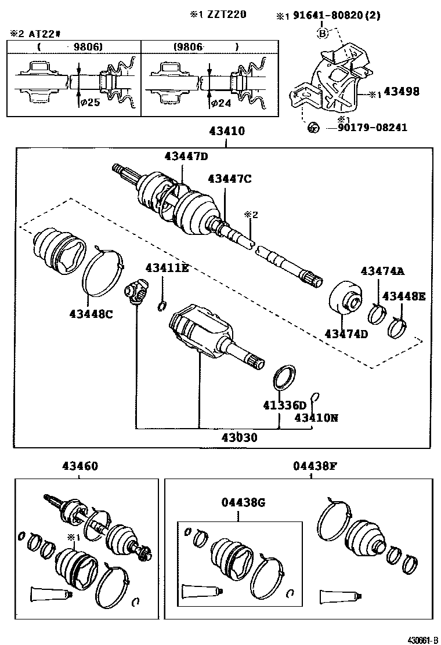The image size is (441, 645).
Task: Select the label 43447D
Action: point(186,156)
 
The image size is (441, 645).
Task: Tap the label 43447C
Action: point(229,179)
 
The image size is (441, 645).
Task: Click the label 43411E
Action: point(167,268)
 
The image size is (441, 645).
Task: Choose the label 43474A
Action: point(382,271)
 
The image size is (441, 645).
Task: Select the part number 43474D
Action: point(346,334)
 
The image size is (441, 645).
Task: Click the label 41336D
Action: point(283,405)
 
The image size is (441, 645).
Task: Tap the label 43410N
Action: point(316,418)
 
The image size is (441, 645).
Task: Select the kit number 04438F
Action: point(314,466)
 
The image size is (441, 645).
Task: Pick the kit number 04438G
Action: point(243,503)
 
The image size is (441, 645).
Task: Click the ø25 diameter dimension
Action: point(89,103)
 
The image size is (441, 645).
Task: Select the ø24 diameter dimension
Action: point(223,103)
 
